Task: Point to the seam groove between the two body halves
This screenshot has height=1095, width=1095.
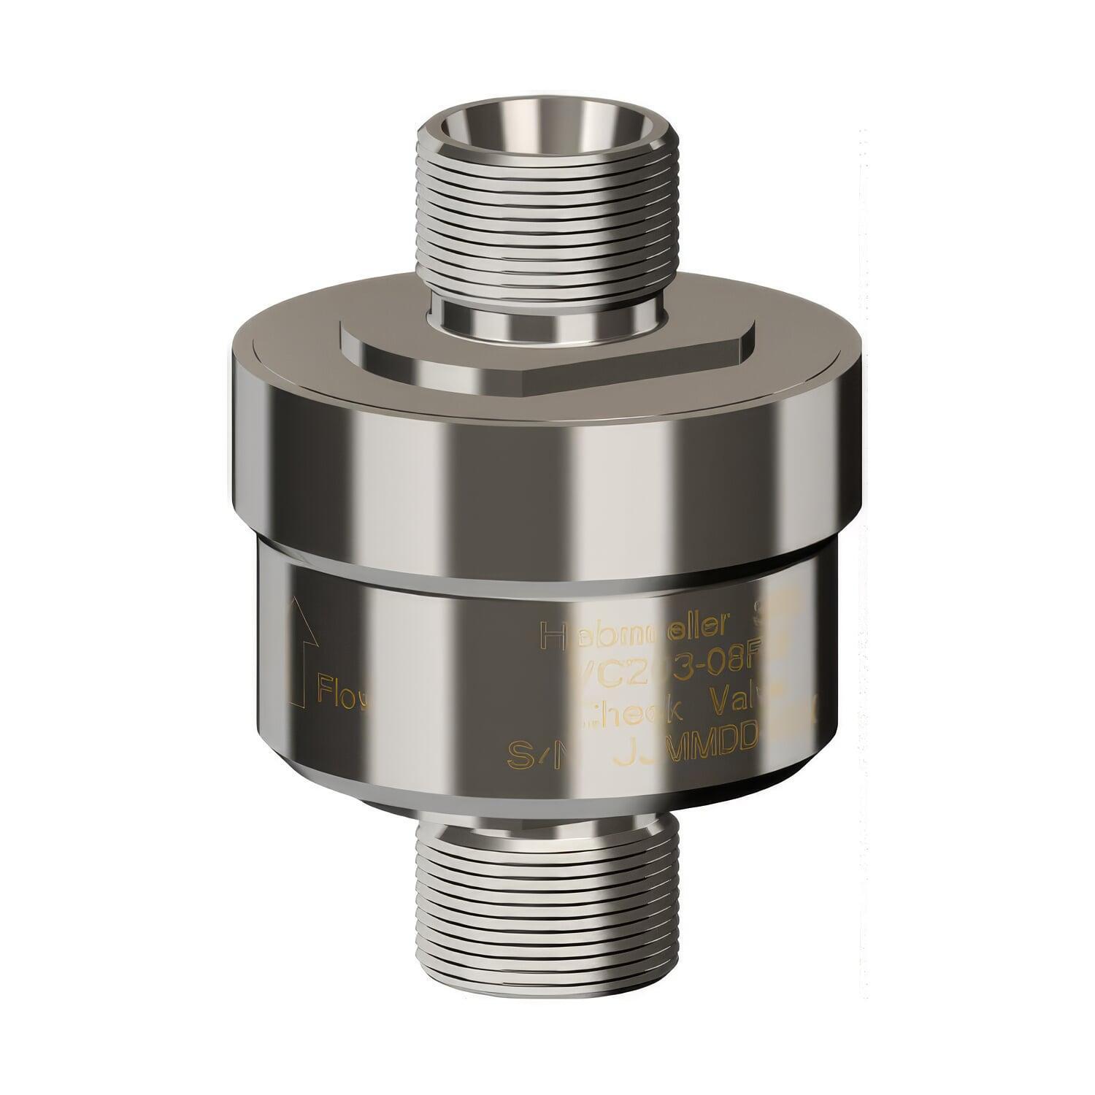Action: point(547,577)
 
